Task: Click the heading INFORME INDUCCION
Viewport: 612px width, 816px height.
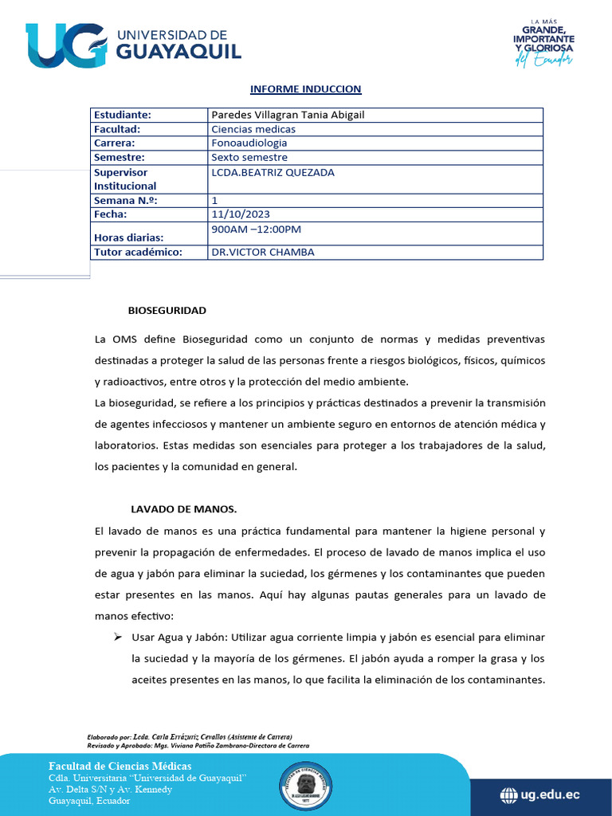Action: (x=305, y=88)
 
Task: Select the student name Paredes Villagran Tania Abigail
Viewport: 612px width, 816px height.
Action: (x=288, y=115)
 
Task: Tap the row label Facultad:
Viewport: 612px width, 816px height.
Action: (x=117, y=129)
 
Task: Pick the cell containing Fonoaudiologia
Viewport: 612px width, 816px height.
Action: (x=249, y=143)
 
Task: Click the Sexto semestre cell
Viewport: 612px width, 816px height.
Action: (x=249, y=158)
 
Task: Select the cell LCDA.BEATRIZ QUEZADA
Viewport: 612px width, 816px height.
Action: (x=273, y=172)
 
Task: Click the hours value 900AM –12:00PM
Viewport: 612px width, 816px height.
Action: (x=256, y=229)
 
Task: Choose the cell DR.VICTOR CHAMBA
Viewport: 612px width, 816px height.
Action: (x=262, y=252)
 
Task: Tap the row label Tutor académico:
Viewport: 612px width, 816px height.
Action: (x=138, y=252)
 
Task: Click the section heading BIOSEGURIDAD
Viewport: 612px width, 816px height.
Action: (x=167, y=309)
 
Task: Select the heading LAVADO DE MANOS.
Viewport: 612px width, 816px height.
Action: (x=184, y=508)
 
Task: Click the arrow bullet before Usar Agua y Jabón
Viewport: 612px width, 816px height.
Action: (x=116, y=637)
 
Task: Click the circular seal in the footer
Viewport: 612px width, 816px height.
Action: (x=306, y=787)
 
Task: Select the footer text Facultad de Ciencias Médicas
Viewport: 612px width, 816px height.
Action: (x=120, y=766)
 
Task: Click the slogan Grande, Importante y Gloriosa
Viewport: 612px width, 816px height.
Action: (x=543, y=41)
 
